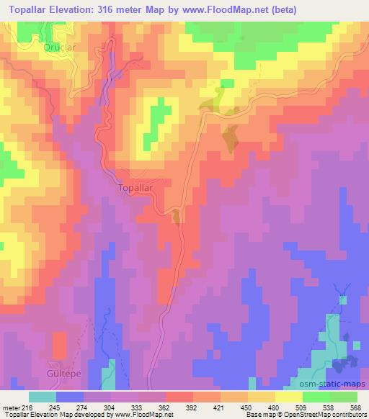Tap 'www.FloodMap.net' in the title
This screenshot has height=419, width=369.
coord(226,9)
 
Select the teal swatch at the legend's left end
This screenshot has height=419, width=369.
coord(43,397)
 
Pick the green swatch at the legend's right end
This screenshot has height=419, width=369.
coord(344,397)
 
